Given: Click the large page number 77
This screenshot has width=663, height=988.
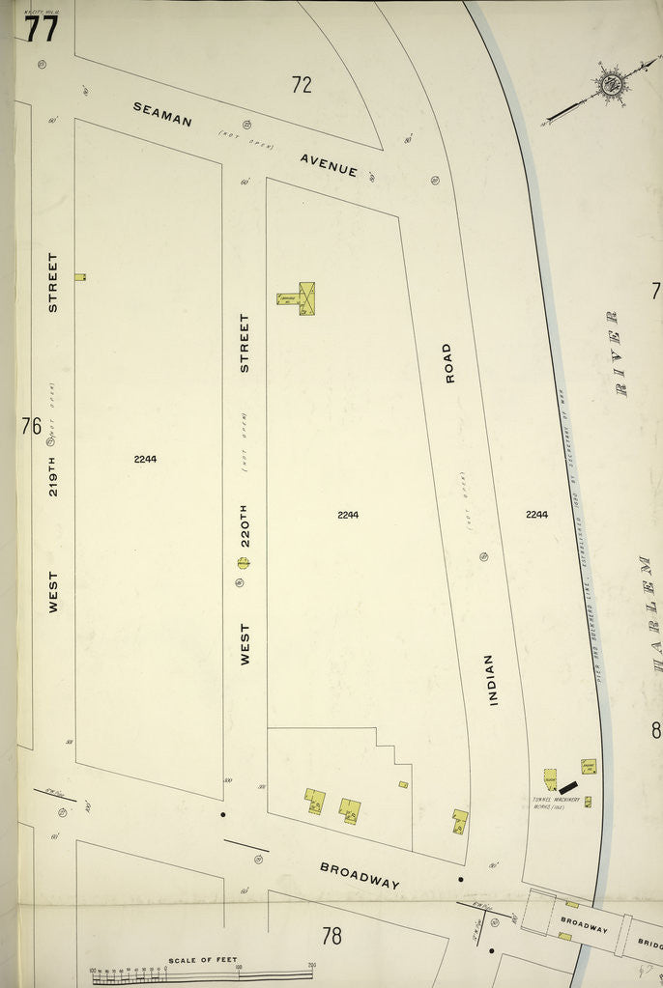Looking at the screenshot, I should (x=42, y=29).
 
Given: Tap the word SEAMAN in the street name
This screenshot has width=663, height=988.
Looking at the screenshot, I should (x=162, y=114).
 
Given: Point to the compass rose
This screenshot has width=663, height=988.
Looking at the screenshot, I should (x=610, y=84).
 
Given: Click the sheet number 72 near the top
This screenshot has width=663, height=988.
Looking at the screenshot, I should (x=302, y=85).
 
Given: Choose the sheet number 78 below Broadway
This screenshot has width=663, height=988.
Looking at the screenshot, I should (x=331, y=935).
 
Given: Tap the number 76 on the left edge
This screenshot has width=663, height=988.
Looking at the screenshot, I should (x=31, y=426).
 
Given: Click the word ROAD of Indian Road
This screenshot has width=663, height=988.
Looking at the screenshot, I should (x=447, y=362).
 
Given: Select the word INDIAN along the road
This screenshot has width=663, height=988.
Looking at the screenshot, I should (x=491, y=679).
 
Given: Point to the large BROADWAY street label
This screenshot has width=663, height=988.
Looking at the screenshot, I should (x=360, y=875).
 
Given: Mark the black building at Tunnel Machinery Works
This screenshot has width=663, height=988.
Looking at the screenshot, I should (x=567, y=788).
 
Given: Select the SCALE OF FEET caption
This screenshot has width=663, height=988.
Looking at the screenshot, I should (x=202, y=959).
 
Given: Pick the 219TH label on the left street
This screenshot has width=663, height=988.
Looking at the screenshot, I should (x=53, y=464).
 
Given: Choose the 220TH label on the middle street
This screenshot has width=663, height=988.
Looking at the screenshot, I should (x=245, y=524).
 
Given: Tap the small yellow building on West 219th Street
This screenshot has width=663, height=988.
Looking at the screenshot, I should (x=80, y=277).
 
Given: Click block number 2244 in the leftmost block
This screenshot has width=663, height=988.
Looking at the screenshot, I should (x=145, y=459).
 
